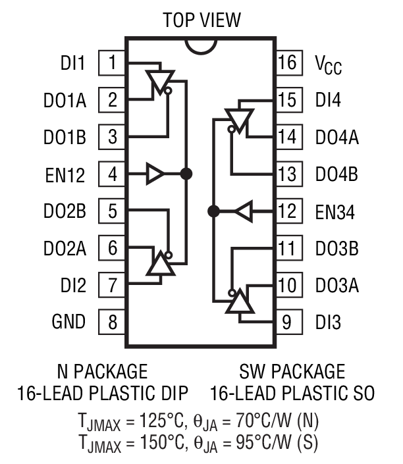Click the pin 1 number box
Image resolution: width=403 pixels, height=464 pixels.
113,63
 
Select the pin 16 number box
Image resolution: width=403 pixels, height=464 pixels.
288,63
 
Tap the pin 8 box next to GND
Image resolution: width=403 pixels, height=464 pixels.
113,322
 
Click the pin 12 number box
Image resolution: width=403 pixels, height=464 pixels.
288,212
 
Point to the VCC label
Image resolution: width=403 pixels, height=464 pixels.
329,64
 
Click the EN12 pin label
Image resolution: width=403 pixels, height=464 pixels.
69,174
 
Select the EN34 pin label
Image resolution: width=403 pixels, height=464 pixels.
335,212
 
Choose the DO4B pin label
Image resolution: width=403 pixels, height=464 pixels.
336,175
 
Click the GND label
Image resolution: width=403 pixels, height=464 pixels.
68,322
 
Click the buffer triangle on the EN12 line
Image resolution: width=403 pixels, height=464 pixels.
156,174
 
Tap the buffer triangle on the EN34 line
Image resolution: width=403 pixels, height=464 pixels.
244,212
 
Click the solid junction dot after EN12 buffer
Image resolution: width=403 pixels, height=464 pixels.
186,174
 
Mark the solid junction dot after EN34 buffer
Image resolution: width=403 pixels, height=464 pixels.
213,211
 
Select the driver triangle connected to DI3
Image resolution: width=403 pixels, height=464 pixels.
240,301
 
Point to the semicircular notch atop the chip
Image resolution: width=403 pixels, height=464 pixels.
201,44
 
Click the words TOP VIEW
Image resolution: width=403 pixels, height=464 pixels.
201,20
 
